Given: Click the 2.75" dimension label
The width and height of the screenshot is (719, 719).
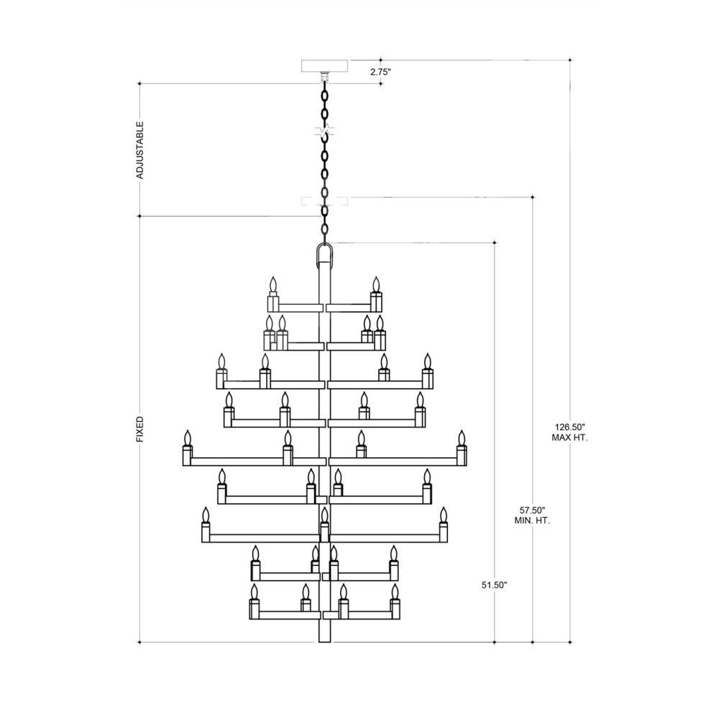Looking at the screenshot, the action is pyautogui.click(x=380, y=72).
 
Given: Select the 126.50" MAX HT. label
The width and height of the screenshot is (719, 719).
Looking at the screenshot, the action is pyautogui.click(x=569, y=432).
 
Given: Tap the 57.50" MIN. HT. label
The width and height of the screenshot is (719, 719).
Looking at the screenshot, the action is pyautogui.click(x=532, y=516).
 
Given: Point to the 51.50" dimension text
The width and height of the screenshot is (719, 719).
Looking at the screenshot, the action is pyautogui.click(x=495, y=585).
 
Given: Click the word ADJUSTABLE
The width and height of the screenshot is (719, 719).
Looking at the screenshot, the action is pyautogui.click(x=140, y=150).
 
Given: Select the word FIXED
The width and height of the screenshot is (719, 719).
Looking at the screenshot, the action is pyautogui.click(x=140, y=429).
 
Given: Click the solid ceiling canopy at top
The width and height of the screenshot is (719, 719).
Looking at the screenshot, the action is pyautogui.click(x=324, y=66).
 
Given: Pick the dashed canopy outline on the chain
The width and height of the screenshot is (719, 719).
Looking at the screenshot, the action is pyautogui.click(x=324, y=201).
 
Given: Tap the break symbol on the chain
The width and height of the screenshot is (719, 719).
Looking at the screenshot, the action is pyautogui.click(x=325, y=131).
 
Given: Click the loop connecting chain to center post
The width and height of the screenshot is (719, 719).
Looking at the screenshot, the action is pyautogui.click(x=325, y=255).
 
